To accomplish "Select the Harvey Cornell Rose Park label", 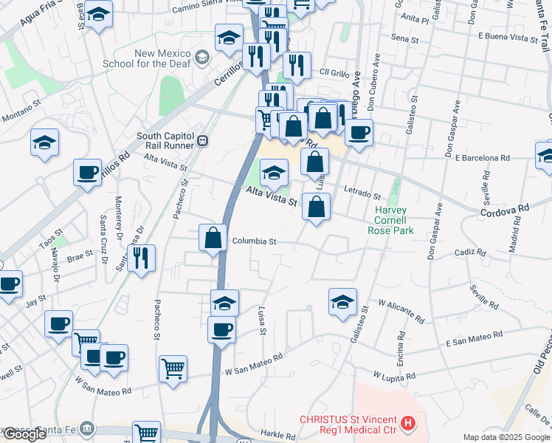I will coord(391,220).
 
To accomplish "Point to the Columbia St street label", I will coord(254,241).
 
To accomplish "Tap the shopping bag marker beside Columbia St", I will coord(213,238).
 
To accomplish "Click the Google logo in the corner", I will coord(24,434).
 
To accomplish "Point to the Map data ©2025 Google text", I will coord(506,437).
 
